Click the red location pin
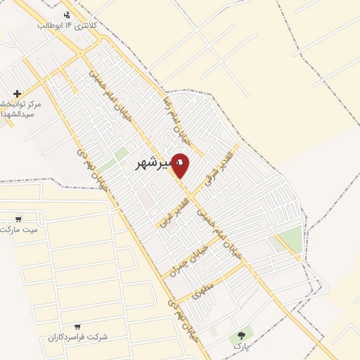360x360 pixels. pyautogui.click(x=181, y=164)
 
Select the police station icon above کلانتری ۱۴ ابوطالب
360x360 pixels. pyautogui.click(x=67, y=14)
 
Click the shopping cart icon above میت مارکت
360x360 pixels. pyautogui.click(x=19, y=219)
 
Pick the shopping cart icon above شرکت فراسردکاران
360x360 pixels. pyautogui.click(x=77, y=326)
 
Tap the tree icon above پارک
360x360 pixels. pyautogui.click(x=243, y=336)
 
